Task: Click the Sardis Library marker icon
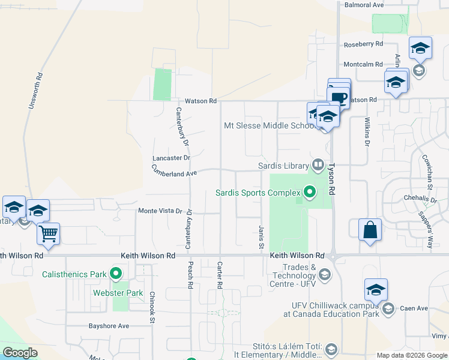coord(318,164)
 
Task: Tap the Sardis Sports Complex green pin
coord(310,193)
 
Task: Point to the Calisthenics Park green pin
coord(116,275)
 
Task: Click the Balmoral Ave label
coord(364,5)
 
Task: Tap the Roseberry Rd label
coord(363,44)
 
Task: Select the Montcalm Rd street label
coord(363,64)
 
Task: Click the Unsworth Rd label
coord(35,91)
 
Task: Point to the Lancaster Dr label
coord(171,158)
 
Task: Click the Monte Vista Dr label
coord(160,211)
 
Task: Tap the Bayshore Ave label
coord(109,326)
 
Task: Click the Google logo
coord(20,353)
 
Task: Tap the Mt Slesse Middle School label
coord(269,125)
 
